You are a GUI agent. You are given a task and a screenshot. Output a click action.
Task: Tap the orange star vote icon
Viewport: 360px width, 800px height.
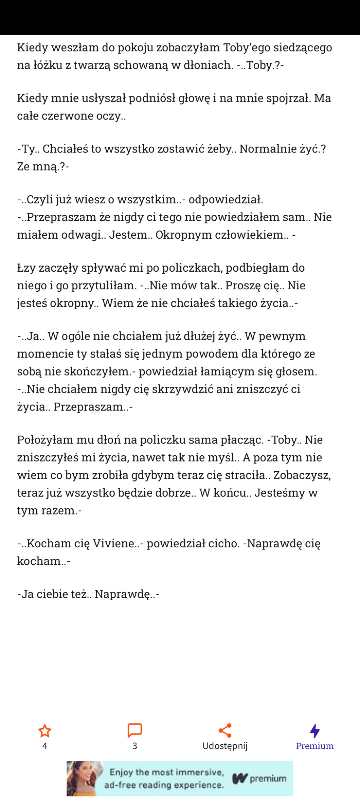click(x=44, y=731)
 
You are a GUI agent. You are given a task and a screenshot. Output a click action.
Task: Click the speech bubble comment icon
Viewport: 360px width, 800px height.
click(x=134, y=730)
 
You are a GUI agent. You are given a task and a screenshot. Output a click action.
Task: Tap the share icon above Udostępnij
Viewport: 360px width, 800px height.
click(x=225, y=730)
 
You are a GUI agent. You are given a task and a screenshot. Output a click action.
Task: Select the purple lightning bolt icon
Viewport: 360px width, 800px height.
click(x=315, y=731)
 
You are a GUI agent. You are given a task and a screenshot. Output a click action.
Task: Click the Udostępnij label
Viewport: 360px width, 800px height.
click(x=225, y=746)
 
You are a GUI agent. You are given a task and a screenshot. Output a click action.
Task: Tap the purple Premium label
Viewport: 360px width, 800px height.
click(x=314, y=746)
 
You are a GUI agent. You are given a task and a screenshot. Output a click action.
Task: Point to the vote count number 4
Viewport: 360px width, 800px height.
click(x=44, y=746)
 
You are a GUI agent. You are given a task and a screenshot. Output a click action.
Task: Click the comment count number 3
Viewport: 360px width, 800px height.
click(x=134, y=746)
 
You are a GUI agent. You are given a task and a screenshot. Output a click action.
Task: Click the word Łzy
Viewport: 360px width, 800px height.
click(x=26, y=268)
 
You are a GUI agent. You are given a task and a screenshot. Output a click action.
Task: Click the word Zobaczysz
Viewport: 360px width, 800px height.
click(x=302, y=475)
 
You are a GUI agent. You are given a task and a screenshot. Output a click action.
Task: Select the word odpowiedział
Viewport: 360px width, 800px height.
click(x=226, y=199)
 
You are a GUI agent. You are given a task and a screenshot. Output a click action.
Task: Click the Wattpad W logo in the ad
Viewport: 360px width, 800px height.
click(x=240, y=779)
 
